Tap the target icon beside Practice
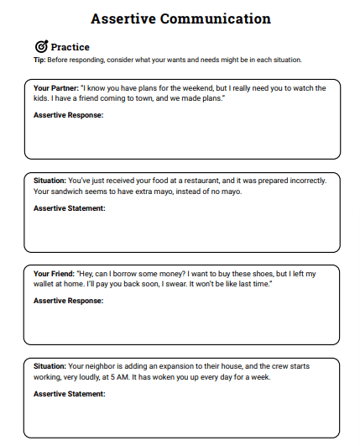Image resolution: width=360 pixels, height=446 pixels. pos(41,46)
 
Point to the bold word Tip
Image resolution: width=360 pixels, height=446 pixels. pos(39,60)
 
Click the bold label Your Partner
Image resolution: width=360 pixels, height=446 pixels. pos(55,88)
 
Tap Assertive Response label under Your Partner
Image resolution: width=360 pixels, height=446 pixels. pos(68,115)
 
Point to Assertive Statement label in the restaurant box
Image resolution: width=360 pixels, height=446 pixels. pos(70,207)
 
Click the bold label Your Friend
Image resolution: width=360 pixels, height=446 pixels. pos(53,274)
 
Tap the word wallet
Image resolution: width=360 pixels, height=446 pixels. pos(45,284)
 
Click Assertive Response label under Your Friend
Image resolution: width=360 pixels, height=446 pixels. pos(68,300)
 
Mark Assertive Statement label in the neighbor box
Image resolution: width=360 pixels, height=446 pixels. pos(70,393)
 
